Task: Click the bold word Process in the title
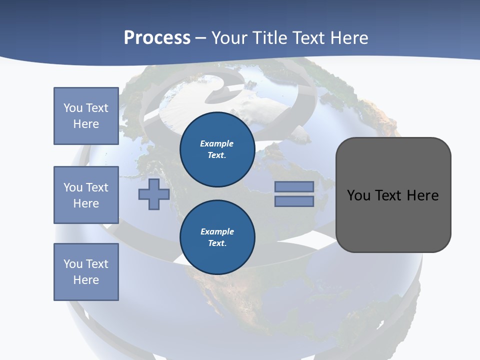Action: point(157,38)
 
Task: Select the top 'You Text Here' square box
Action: point(86,116)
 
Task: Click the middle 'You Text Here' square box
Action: point(86,195)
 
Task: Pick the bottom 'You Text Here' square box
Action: point(86,272)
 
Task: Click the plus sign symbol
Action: point(154,194)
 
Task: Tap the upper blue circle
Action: point(217,149)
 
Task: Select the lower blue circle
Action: point(217,237)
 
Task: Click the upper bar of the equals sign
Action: point(294,186)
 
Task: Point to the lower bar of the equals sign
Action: point(294,201)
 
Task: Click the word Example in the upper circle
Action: point(216,143)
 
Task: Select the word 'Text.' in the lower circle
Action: point(217,243)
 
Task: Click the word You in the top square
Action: point(73,108)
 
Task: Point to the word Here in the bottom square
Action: point(86,280)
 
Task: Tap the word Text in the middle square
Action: point(97,187)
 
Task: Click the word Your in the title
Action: point(229,38)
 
